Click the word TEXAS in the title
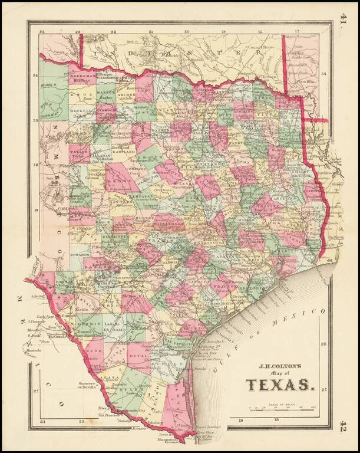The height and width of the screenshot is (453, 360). click(x=280, y=385)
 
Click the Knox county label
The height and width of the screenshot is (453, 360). click(x=82, y=94)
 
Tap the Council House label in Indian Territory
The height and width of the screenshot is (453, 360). click(x=262, y=47)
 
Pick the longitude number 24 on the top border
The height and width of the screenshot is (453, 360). click(x=41, y=32)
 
